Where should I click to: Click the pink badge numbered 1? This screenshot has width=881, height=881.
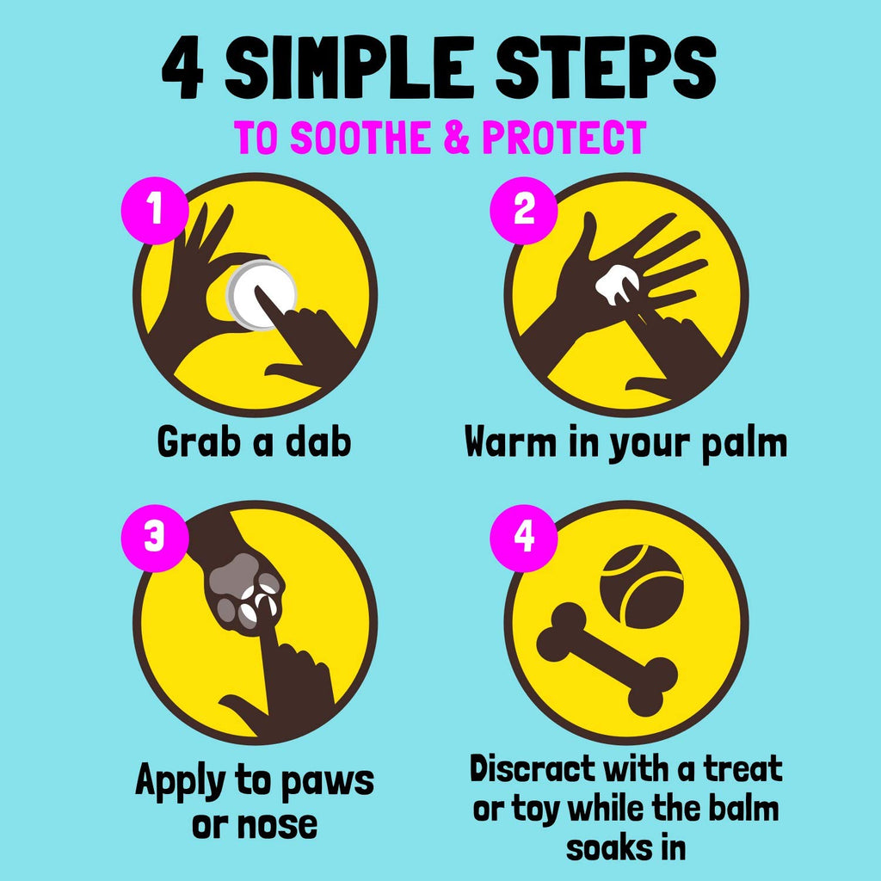click(155, 210)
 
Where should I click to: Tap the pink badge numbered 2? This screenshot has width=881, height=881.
click(524, 210)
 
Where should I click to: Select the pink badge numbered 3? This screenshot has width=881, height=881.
click(155, 538)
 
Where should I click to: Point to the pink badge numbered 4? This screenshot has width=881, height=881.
click(524, 538)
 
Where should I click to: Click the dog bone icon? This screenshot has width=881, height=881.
click(607, 659)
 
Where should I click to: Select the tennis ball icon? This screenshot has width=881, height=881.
click(642, 587)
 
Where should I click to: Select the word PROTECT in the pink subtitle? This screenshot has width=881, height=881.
click(564, 137)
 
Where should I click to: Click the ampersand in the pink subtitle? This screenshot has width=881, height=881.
click(456, 137)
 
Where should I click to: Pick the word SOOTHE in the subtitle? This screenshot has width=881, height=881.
click(360, 137)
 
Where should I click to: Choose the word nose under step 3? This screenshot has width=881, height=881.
click(255, 825)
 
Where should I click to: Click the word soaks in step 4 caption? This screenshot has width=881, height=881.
click(604, 847)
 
